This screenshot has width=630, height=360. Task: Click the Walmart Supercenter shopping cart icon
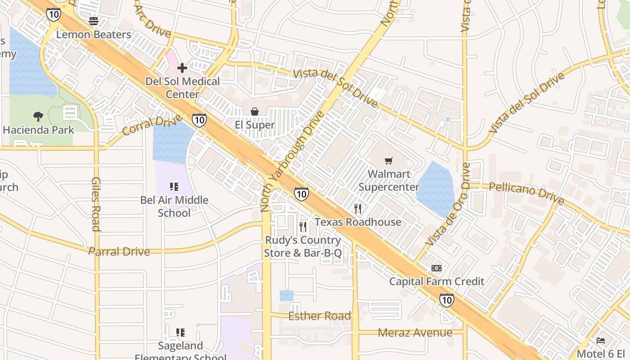pos(389,161)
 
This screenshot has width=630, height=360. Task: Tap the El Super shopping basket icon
pos(255,112)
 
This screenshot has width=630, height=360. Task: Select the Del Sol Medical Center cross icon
pos(182,68)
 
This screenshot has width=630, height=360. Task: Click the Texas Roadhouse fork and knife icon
pos(358,209)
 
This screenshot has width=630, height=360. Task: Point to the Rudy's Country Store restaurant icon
pos(303,227)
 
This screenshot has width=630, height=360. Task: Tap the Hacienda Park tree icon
pos(38,117)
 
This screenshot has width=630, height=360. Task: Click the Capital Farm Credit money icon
pos(436,268)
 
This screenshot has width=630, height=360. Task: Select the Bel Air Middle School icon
pos(174,187)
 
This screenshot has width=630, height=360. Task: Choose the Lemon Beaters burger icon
pos(94,21)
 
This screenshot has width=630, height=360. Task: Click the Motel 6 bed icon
pos(601,341)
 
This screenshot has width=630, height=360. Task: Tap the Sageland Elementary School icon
pos(180,333)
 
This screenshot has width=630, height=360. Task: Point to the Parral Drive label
pos(119,251)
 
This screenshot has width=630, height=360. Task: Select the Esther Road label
pos(319,316)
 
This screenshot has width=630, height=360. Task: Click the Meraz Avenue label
pos(415,333)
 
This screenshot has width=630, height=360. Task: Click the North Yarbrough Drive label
pos(292,162)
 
